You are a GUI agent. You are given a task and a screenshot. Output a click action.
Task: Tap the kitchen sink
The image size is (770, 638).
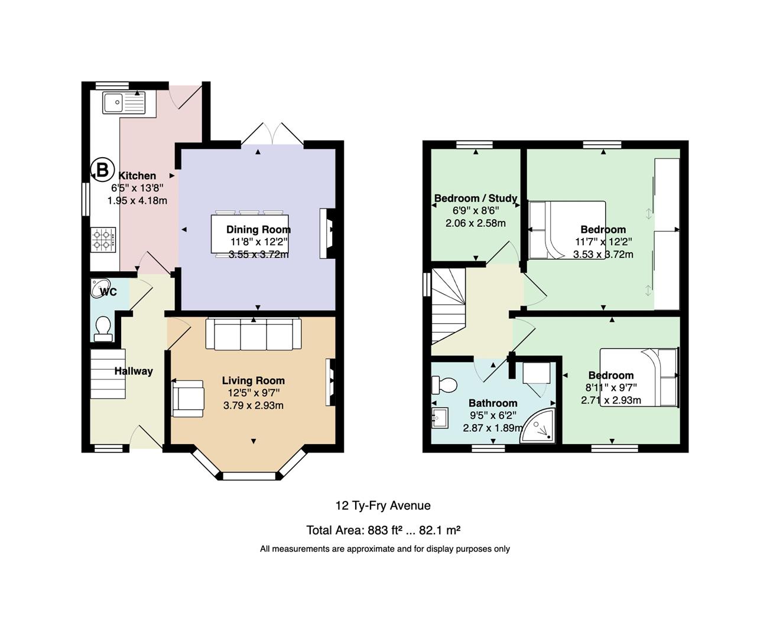[124, 102]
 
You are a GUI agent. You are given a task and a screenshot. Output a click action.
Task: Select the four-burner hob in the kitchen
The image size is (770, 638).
[103, 240]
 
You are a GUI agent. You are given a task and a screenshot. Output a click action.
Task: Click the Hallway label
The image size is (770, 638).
[134, 371]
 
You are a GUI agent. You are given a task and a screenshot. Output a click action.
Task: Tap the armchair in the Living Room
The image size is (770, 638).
[188, 398]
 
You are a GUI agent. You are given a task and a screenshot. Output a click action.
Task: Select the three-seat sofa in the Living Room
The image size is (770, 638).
[254, 334]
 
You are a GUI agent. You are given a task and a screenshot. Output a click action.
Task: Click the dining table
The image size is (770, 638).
[249, 234]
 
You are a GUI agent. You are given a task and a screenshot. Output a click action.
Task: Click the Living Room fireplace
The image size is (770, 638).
[330, 382]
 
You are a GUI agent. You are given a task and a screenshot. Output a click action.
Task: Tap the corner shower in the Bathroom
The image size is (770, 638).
[538, 427]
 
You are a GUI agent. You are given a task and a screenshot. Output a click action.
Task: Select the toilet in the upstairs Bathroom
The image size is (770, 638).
[444, 385]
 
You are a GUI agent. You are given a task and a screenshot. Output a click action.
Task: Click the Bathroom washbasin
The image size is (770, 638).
[440, 418]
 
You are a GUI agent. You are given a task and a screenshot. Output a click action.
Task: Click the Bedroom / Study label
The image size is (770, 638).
[476, 198]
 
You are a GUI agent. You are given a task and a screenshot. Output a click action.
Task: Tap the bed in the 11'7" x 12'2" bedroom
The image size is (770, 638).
[567, 230]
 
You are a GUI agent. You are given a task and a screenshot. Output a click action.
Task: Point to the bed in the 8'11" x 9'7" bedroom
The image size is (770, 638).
[639, 377]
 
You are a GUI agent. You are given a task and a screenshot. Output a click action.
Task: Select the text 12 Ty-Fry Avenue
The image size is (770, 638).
[383, 505]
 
